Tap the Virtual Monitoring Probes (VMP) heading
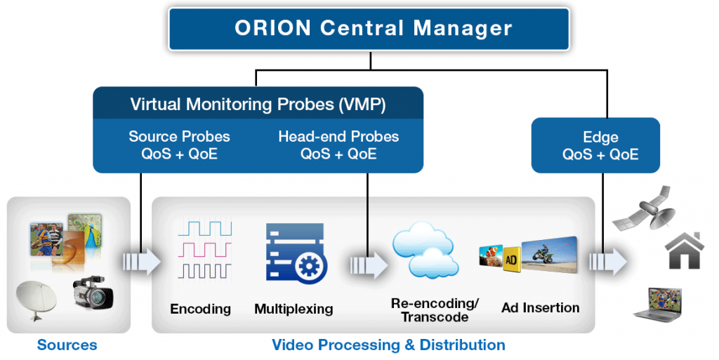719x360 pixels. [x=258, y=104]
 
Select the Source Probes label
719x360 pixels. [x=179, y=145]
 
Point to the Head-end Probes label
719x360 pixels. [x=338, y=145]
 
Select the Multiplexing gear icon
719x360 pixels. [x=295, y=252]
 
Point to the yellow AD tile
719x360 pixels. [x=512, y=258]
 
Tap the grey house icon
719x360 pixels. [x=685, y=251]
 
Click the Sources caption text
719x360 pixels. [x=67, y=345]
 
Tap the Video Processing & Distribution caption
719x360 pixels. [x=388, y=345]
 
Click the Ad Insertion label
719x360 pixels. [x=541, y=307]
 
